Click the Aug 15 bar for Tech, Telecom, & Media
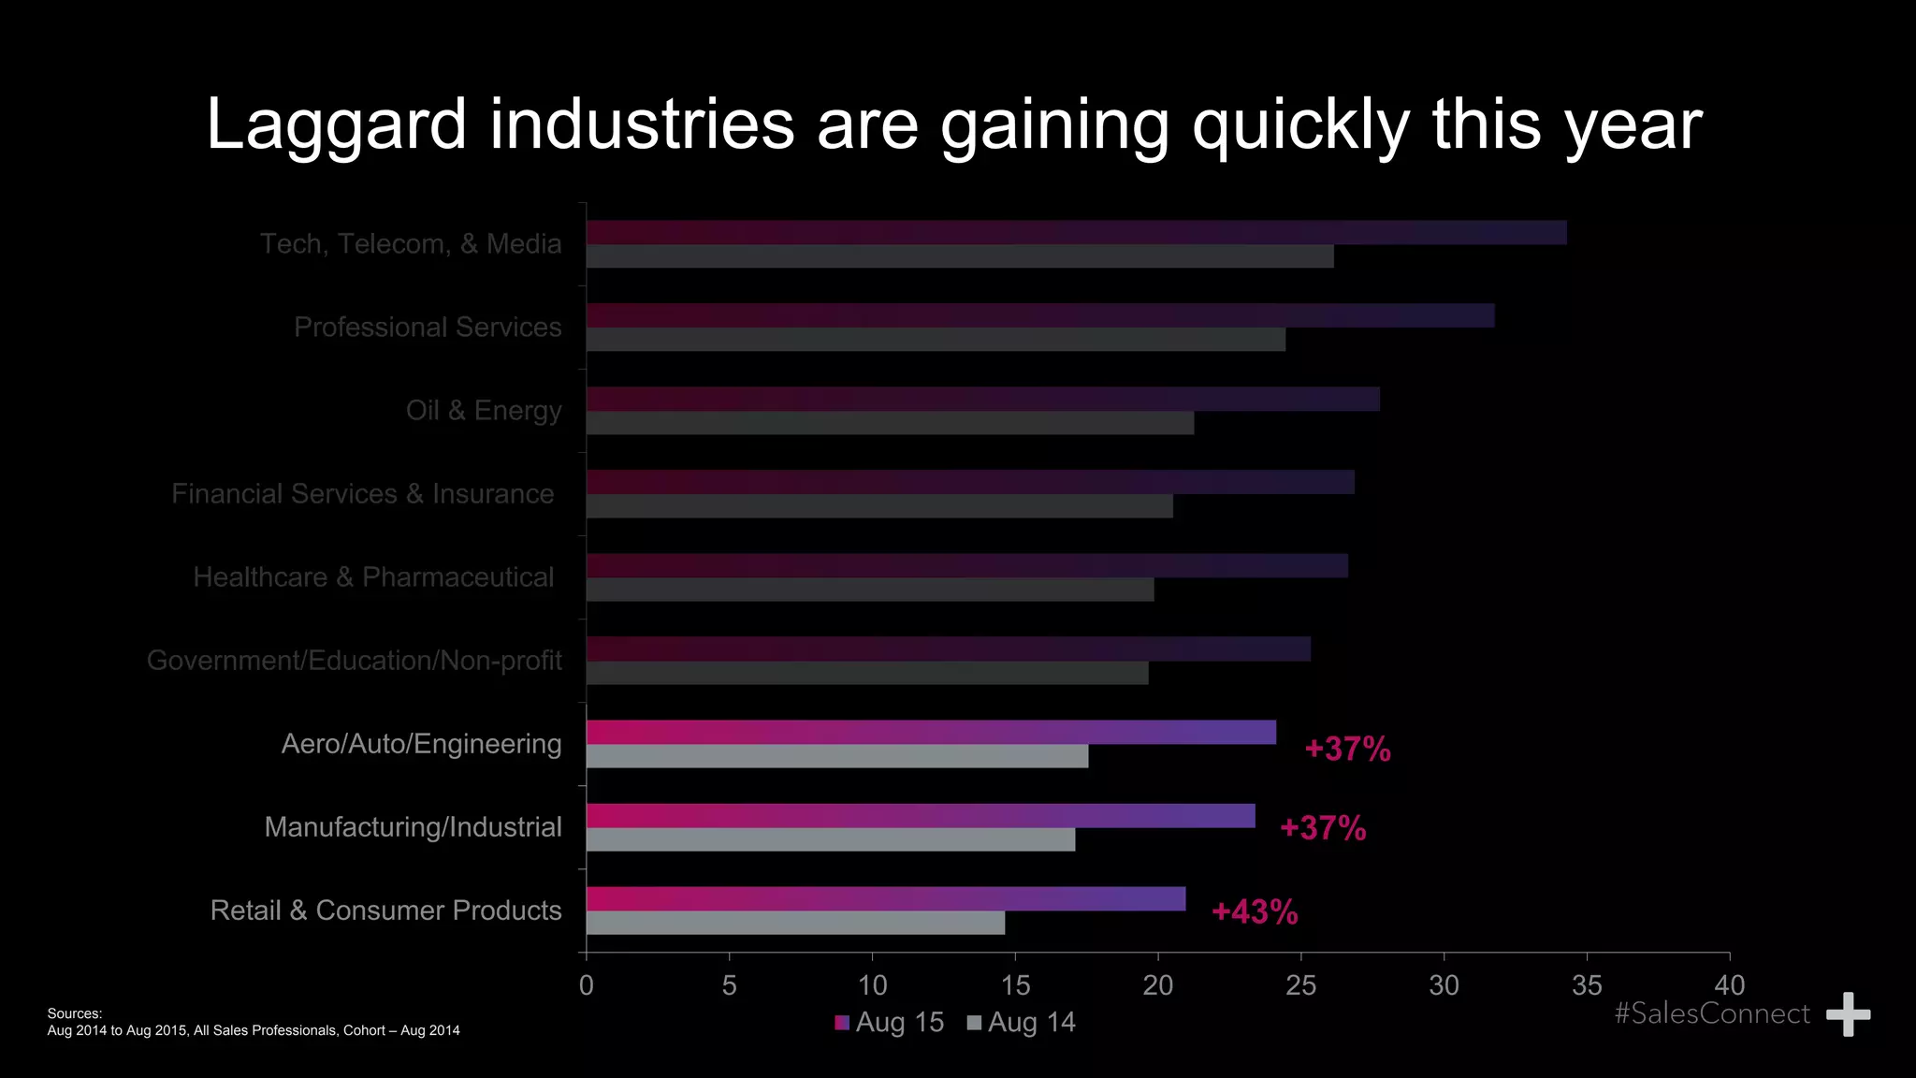(1076, 233)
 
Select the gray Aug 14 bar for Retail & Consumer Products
(795, 923)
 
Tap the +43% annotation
(1255, 911)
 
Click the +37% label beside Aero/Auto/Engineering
(1347, 749)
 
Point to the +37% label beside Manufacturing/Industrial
(1323, 828)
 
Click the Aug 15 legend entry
(890, 1022)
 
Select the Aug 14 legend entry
(1022, 1022)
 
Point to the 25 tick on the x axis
(1300, 985)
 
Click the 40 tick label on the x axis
(1729, 985)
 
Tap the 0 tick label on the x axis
(587, 985)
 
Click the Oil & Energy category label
(484, 410)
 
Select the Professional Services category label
(428, 327)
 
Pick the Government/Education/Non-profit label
(355, 661)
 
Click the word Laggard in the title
(336, 124)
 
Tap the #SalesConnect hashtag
(1712, 1013)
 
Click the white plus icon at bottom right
(1848, 1014)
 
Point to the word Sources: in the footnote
(75, 1013)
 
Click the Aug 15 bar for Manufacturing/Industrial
(921, 816)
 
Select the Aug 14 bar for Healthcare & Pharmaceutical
(870, 590)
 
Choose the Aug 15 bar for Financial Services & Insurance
(970, 482)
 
